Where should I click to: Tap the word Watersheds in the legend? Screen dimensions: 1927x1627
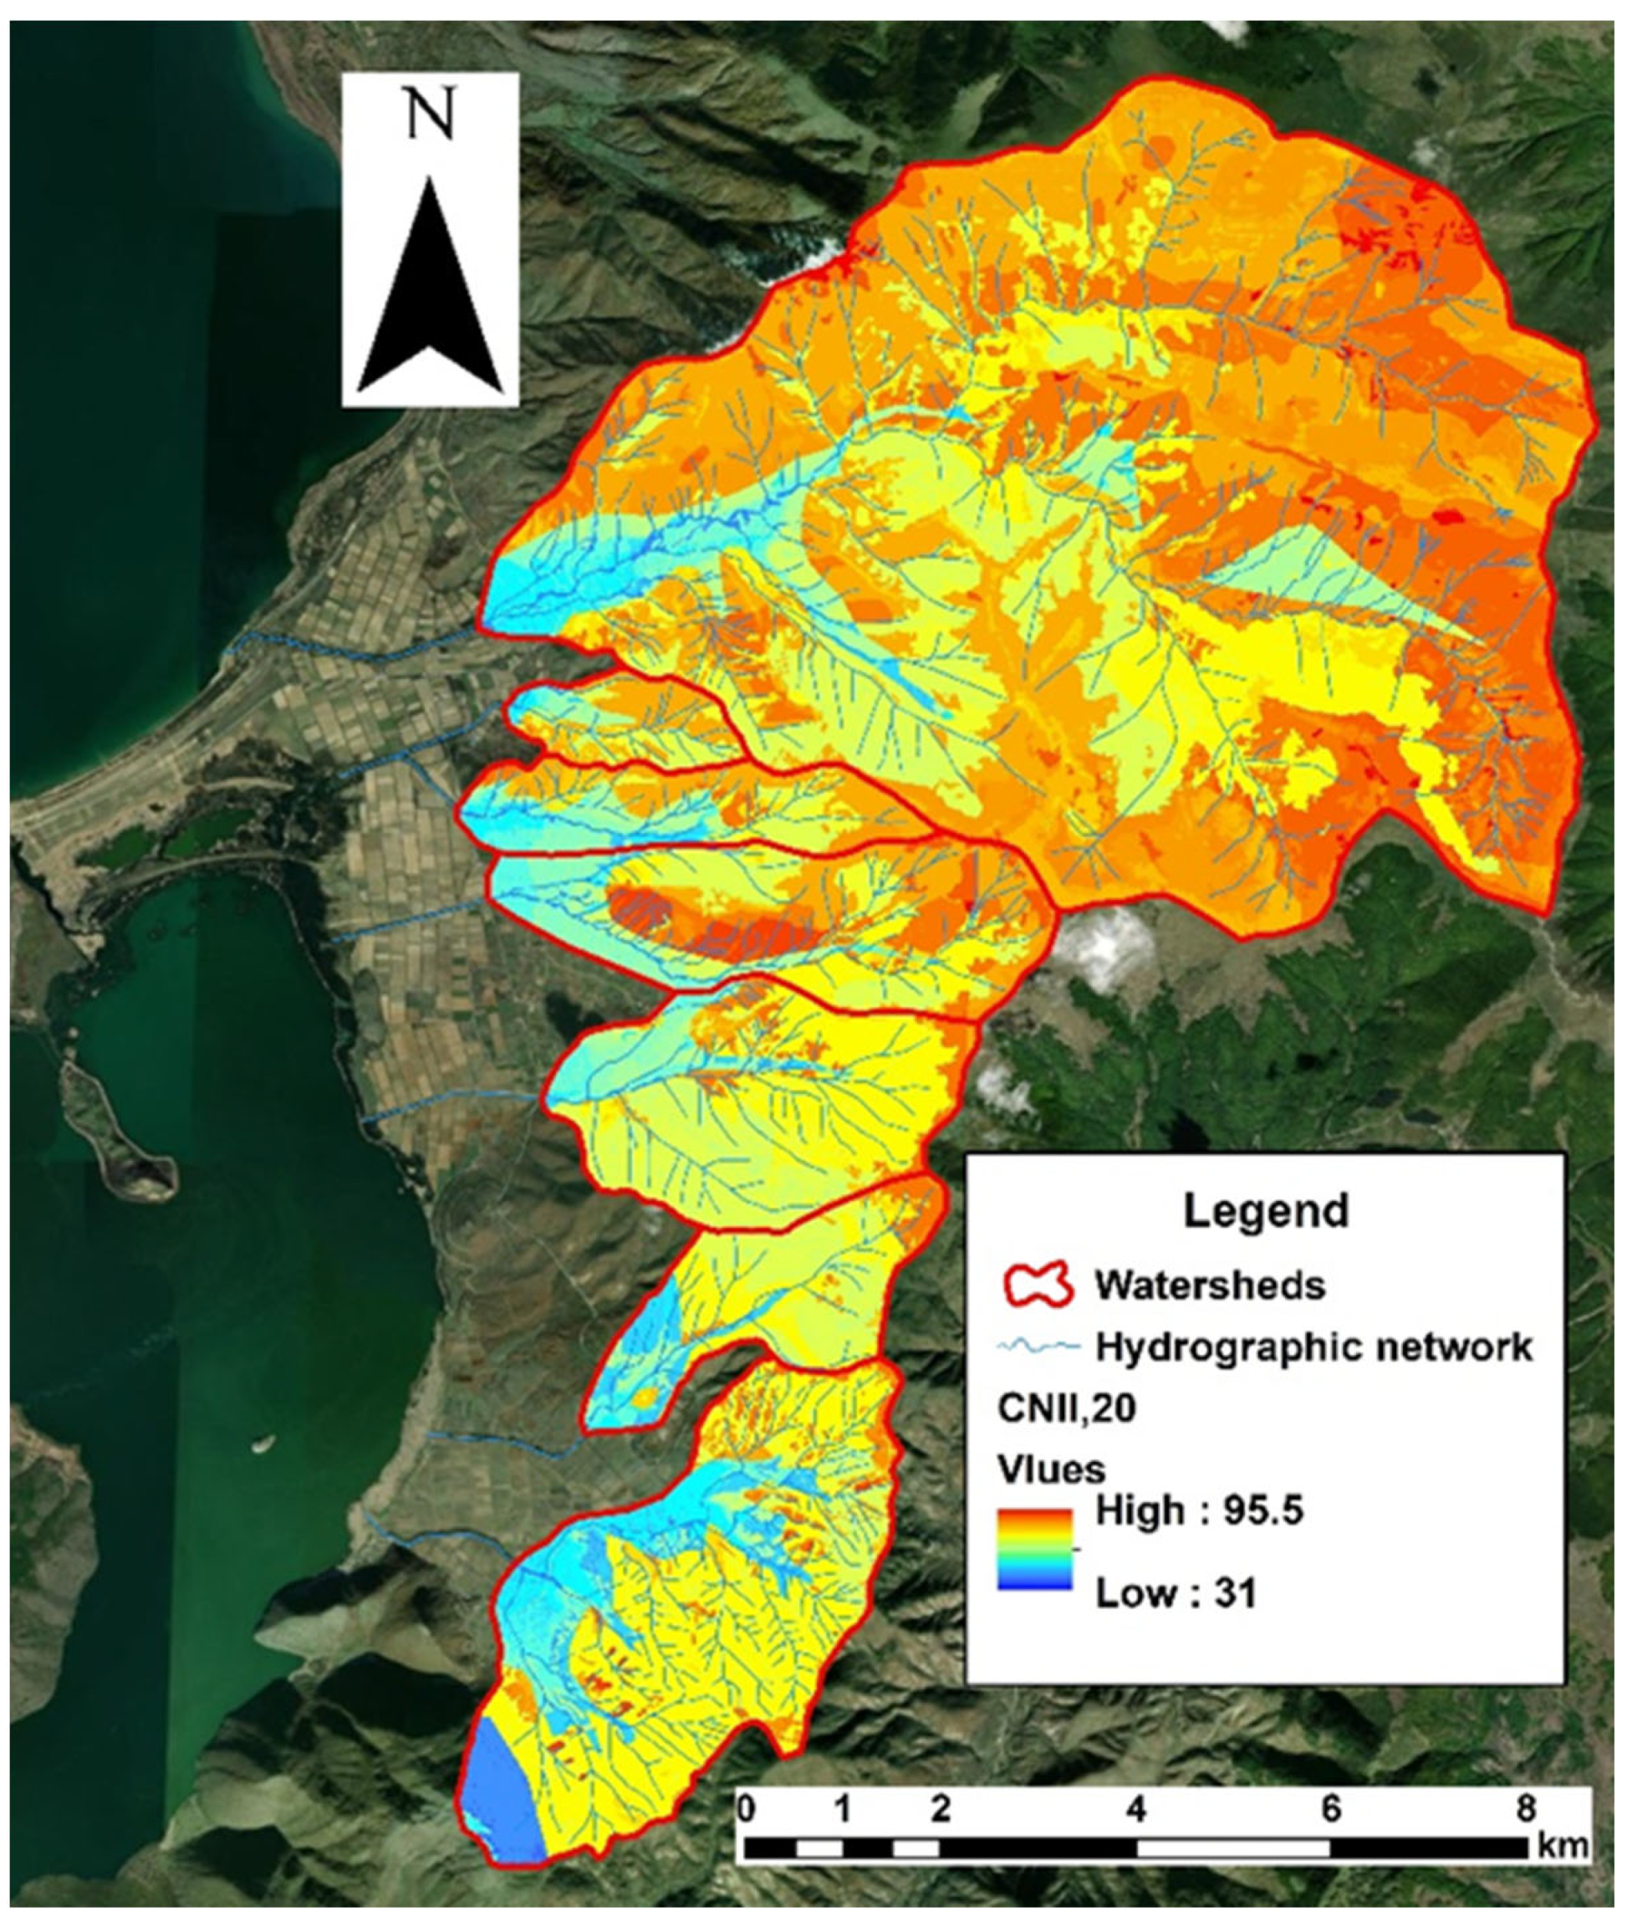pos(1210,1284)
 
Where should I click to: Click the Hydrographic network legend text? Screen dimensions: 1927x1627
pos(1313,1347)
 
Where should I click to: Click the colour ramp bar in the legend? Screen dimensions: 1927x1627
pos(1034,1550)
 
